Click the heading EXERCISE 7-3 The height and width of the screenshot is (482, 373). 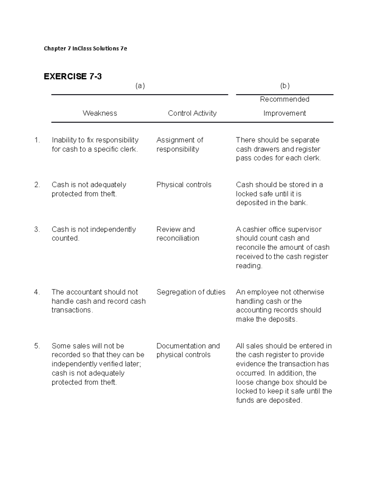pyautogui.click(x=73, y=76)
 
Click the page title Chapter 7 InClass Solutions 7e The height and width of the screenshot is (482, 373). pyautogui.click(x=85, y=48)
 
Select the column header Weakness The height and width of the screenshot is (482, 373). pyautogui.click(x=100, y=113)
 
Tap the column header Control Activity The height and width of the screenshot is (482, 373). pyautogui.click(x=192, y=113)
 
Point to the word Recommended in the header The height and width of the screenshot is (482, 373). pyautogui.click(x=284, y=99)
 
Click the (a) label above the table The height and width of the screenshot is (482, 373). pyautogui.click(x=140, y=86)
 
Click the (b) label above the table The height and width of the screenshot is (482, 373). pyautogui.click(x=285, y=86)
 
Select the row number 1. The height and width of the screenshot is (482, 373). pyautogui.click(x=37, y=140)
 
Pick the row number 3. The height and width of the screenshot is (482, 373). pyautogui.click(x=37, y=229)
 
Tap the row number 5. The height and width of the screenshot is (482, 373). pyautogui.click(x=37, y=346)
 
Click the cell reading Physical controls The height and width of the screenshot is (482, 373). pyautogui.click(x=184, y=185)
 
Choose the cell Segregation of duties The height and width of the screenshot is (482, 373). pyautogui.click(x=191, y=292)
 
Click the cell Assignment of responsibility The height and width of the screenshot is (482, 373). pyautogui.click(x=180, y=145)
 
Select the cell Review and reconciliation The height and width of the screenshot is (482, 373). pyautogui.click(x=178, y=234)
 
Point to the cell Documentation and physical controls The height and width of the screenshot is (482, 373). pyautogui.click(x=188, y=350)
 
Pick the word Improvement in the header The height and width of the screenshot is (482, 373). pyautogui.click(x=284, y=113)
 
